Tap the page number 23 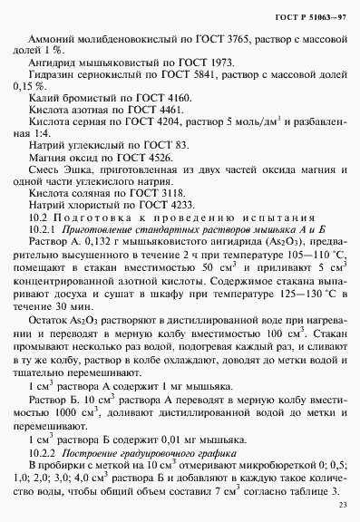click(x=341, y=504)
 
